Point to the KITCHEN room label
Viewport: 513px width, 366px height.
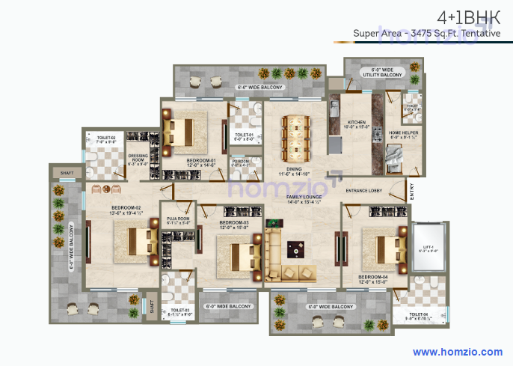pyautogui.click(x=357, y=121)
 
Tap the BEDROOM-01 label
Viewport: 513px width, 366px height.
pyautogui.click(x=201, y=160)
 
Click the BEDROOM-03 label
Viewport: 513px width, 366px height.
pyautogui.click(x=234, y=222)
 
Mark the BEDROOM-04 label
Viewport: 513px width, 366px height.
pyautogui.click(x=372, y=278)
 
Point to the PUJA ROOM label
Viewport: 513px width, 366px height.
pyautogui.click(x=179, y=219)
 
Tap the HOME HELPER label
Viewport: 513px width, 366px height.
pyautogui.click(x=404, y=132)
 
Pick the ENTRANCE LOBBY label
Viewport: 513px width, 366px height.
pyautogui.click(x=364, y=191)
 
